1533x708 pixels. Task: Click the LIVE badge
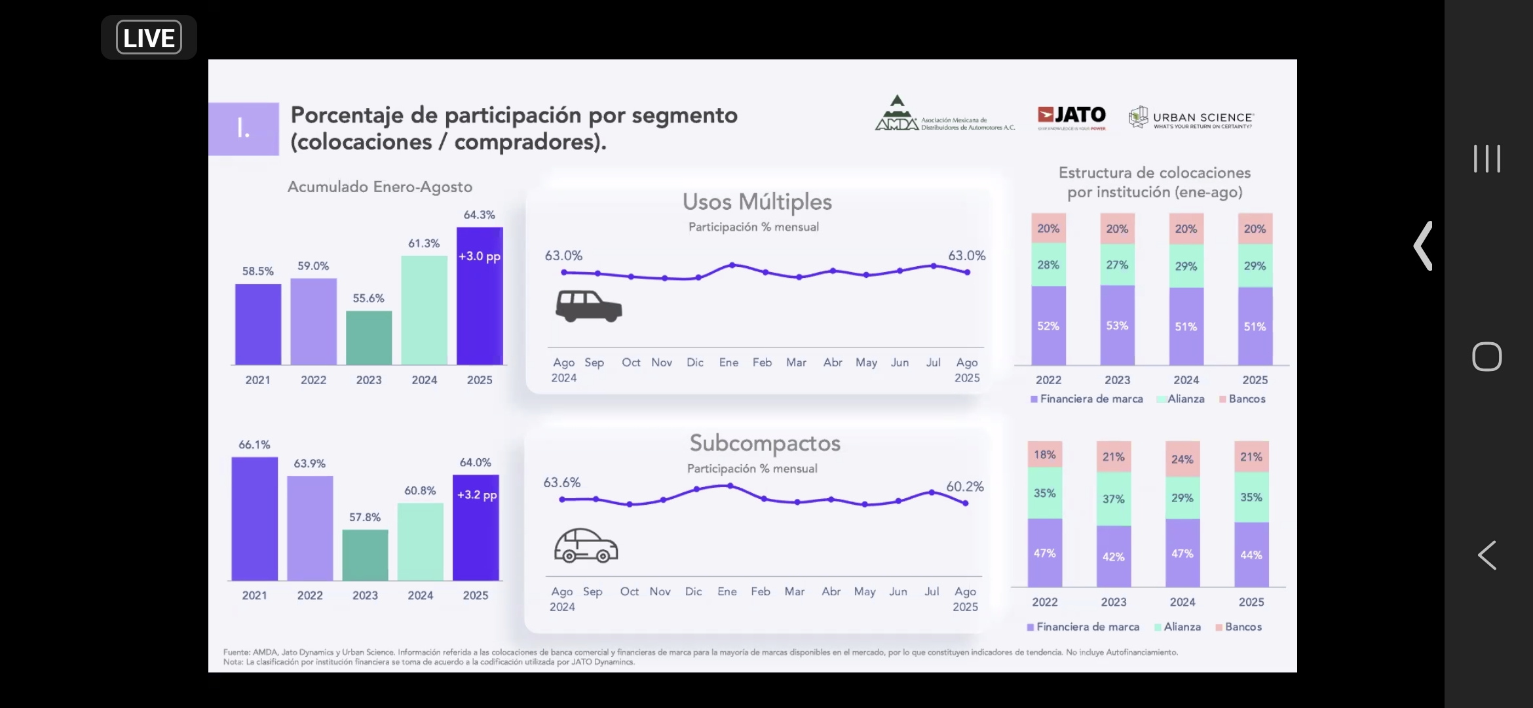(149, 37)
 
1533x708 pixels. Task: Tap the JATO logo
(1072, 116)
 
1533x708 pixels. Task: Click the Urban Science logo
(1190, 118)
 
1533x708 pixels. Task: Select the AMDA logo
(943, 115)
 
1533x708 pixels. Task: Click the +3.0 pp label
(480, 256)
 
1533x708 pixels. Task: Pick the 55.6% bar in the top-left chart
(369, 337)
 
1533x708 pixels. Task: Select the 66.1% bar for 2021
(254, 518)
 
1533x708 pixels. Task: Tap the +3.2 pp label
(477, 495)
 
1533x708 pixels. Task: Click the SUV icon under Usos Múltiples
(588, 306)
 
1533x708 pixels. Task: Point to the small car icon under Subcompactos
(586, 545)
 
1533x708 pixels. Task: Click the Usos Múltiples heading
(757, 202)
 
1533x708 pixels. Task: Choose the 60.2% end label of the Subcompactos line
(964, 486)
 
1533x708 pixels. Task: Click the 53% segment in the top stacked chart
(1117, 325)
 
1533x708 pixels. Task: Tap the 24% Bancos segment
(1183, 459)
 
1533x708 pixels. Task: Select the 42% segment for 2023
(1114, 556)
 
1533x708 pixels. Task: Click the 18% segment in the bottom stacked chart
(1045, 454)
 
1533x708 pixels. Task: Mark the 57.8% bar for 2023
(365, 555)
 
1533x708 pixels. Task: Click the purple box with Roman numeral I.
(244, 128)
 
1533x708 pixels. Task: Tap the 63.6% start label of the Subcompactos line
(561, 482)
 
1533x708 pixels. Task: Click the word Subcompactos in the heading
(765, 443)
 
